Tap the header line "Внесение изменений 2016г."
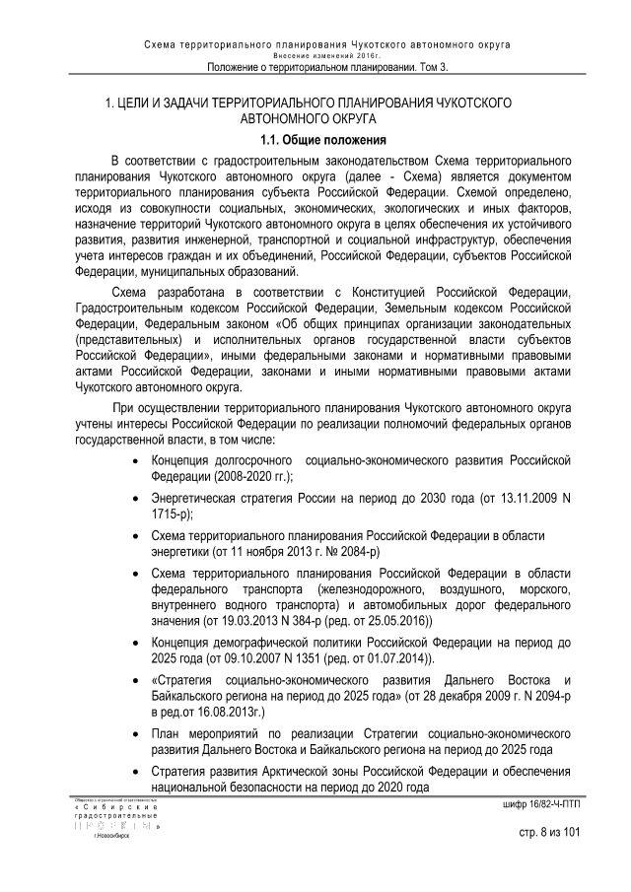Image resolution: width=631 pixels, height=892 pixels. tap(326, 56)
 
